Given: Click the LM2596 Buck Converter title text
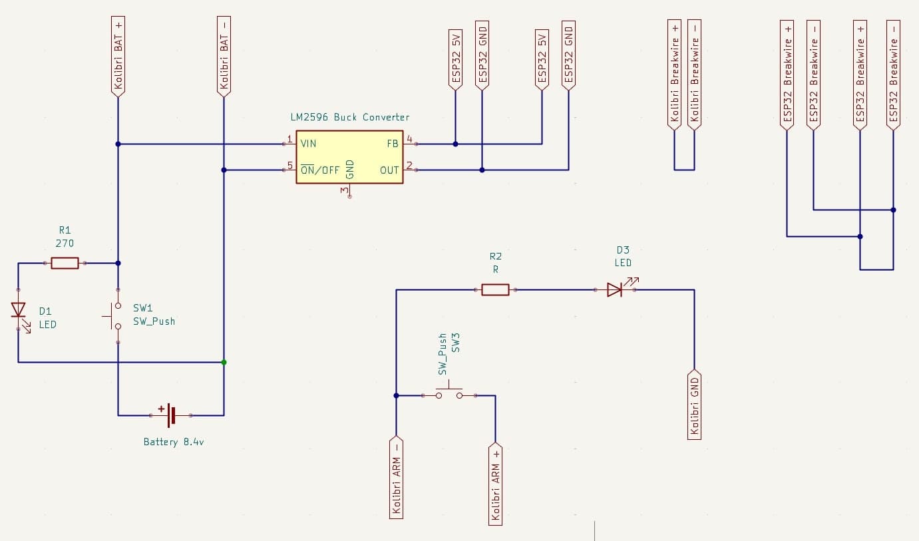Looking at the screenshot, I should pos(349,117).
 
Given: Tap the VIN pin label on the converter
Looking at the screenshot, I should pos(308,144).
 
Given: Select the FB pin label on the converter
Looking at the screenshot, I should pos(392,144).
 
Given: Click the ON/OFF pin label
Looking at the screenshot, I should pos(320,170).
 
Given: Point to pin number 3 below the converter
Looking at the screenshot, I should pos(344,191).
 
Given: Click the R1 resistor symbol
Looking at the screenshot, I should pos(65,264).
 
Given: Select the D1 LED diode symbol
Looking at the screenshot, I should pos(19,310).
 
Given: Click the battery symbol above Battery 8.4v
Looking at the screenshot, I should pos(170,415).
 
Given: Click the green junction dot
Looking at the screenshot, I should pos(224,362).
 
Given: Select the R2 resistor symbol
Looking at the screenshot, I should pos(495,289).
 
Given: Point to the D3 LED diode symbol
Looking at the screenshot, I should pos(615,289).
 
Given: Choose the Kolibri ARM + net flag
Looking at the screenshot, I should pos(495,483).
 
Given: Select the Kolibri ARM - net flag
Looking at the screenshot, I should pos(396,476).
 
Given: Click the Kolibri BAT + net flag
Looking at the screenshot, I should pos(118,56).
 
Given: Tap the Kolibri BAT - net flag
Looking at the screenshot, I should pos(224,56).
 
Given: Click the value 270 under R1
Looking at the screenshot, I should pos(65,244).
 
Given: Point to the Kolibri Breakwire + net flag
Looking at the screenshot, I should pos(675,73).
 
